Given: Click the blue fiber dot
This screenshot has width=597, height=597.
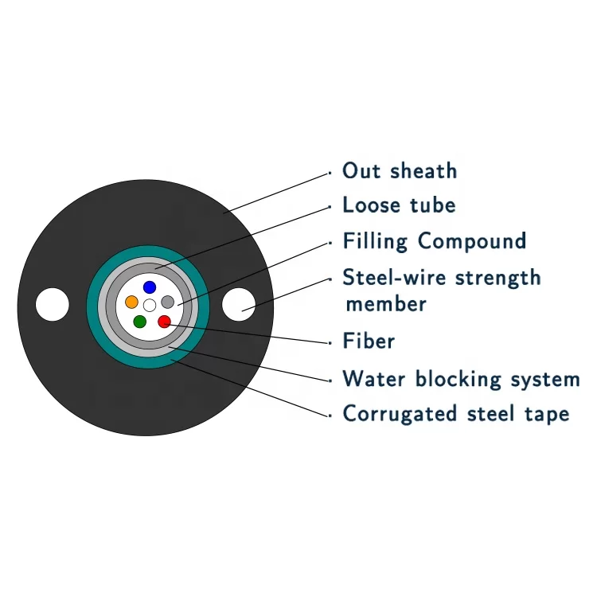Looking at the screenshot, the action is (x=150, y=287).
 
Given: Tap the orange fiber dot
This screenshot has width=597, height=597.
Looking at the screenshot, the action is (x=131, y=302).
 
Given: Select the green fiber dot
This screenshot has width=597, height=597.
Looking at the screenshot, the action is (x=140, y=322).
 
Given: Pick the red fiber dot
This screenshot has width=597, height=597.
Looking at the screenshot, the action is (x=164, y=322).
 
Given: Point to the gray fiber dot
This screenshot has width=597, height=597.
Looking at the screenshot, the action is (x=167, y=302).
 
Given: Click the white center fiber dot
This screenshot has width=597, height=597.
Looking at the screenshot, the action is (x=150, y=305).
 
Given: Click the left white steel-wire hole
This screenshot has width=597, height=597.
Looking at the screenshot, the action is (x=53, y=304).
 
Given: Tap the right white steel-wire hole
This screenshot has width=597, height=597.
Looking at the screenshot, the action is (x=239, y=304).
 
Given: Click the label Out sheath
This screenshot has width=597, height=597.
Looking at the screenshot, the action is (x=400, y=170).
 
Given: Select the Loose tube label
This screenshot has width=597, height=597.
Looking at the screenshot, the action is (x=399, y=205).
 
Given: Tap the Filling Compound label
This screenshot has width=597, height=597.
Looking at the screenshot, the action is (x=435, y=241).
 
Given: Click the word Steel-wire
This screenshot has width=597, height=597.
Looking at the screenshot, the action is (x=394, y=277).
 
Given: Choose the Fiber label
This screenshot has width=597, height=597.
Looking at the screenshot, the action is (x=369, y=341).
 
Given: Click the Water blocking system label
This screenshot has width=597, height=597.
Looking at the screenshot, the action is (x=461, y=379).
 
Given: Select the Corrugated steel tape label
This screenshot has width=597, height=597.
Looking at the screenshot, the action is (x=456, y=414).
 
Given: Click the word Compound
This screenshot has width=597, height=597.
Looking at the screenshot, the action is (x=472, y=241).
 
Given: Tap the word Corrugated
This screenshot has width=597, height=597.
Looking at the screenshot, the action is (x=400, y=414).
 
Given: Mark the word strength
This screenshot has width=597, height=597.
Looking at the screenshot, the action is (x=498, y=278).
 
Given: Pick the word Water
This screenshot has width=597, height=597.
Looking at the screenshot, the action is (x=374, y=378).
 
